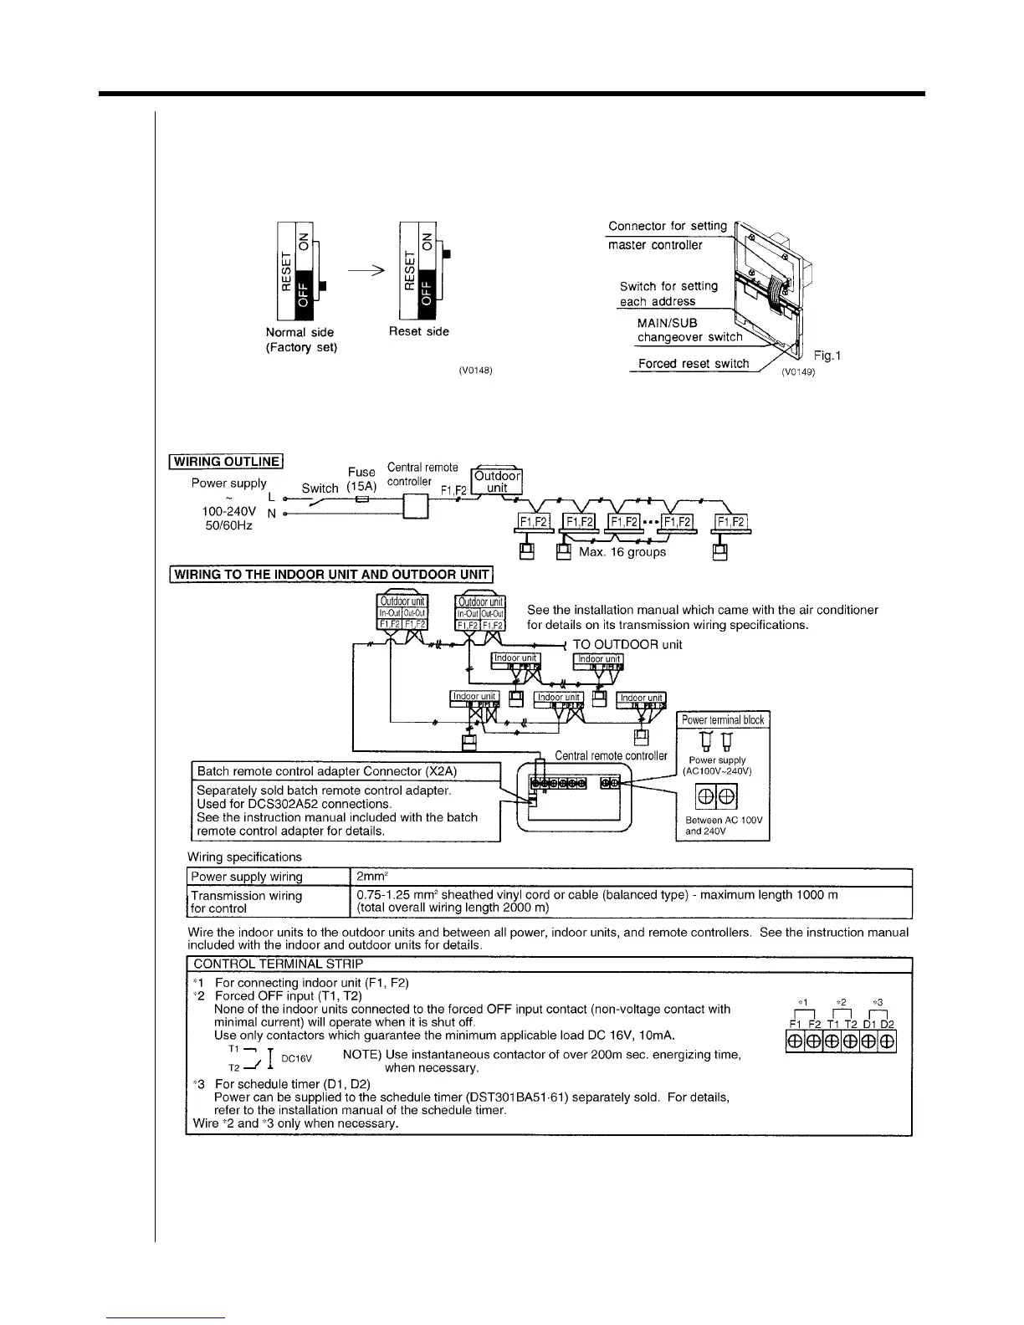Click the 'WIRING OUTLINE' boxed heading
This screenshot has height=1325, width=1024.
pyautogui.click(x=227, y=461)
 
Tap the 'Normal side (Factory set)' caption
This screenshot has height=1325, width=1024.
pyautogui.click(x=300, y=340)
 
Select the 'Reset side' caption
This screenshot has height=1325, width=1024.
pyautogui.click(x=418, y=331)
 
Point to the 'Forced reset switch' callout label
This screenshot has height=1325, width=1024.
pyautogui.click(x=694, y=363)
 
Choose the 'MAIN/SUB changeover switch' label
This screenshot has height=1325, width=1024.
pyautogui.click(x=689, y=330)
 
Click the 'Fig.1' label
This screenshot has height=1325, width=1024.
pyautogui.click(x=827, y=356)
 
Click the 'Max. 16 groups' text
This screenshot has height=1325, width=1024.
pyautogui.click(x=622, y=552)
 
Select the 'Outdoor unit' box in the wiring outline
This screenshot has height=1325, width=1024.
pyautogui.click(x=497, y=482)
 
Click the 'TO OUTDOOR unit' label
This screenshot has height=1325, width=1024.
pyautogui.click(x=627, y=644)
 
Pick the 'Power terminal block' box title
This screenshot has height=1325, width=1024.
pyautogui.click(x=722, y=720)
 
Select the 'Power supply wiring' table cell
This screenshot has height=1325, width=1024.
pyautogui.click(x=247, y=877)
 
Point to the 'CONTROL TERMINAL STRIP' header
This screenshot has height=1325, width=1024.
pyautogui.click(x=278, y=964)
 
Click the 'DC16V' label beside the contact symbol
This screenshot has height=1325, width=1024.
pyautogui.click(x=296, y=1058)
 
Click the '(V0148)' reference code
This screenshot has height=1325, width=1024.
pyautogui.click(x=474, y=371)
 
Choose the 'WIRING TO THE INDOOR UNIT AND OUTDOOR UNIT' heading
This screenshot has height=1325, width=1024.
pyautogui.click(x=332, y=575)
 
